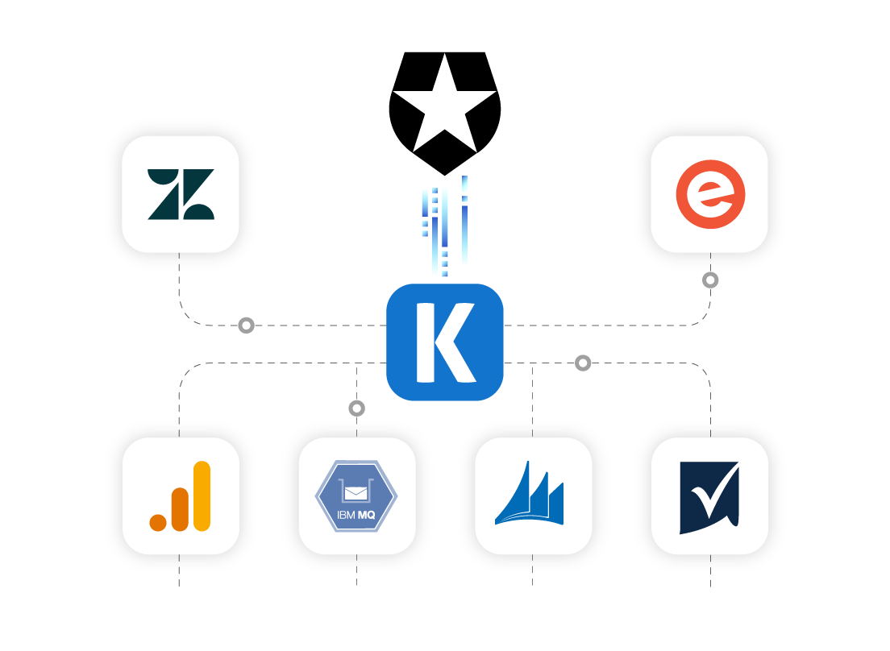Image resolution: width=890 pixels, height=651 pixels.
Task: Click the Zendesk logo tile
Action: click(181, 194)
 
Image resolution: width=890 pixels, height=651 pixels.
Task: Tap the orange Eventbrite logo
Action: click(709, 194)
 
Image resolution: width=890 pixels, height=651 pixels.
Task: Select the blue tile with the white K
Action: click(445, 342)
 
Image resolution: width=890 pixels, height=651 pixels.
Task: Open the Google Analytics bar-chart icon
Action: click(181, 496)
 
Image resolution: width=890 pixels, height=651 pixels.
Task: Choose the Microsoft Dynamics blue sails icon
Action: click(532, 495)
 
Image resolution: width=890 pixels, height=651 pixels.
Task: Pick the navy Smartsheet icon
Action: click(709, 496)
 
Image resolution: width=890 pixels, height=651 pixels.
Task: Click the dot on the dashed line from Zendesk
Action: click(247, 325)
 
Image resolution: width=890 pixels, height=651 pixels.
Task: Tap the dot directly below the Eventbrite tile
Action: click(710, 280)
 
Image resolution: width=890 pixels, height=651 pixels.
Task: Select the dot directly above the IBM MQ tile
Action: click(357, 408)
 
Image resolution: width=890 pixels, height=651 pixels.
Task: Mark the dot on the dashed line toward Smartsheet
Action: click(583, 363)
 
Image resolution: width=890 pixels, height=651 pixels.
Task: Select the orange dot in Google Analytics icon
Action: click(158, 522)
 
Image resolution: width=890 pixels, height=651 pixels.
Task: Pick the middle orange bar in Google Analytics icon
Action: click(180, 509)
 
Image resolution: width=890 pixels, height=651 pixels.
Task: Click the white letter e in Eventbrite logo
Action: click(709, 194)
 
